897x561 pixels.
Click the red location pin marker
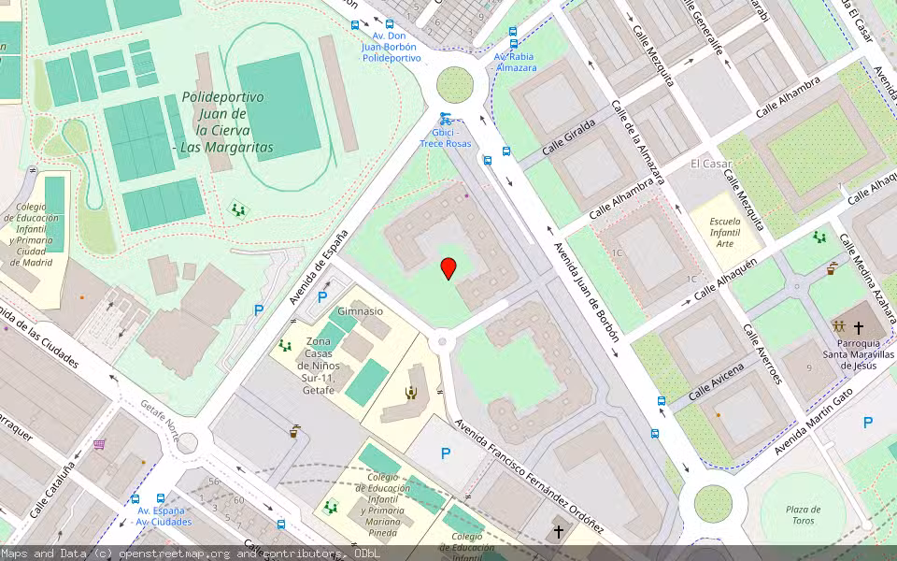448,268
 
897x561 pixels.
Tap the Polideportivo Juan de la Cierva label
222,122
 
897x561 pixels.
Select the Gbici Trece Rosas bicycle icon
445,119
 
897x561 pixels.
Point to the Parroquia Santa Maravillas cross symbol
859,328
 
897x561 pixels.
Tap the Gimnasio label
360,311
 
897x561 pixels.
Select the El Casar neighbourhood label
710,164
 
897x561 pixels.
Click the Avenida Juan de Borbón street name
586,293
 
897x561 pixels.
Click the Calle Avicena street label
717,383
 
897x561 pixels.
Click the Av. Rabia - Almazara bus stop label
516,62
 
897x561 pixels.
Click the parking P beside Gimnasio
322,297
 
